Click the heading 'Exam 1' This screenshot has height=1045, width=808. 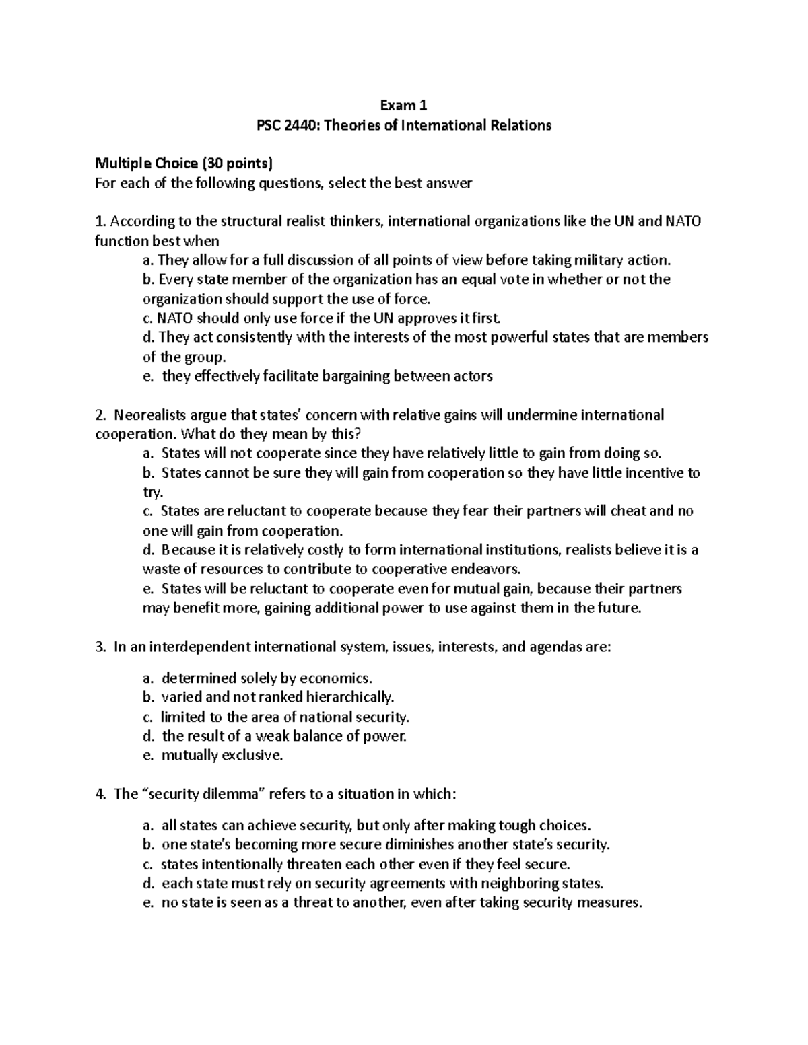(x=403, y=105)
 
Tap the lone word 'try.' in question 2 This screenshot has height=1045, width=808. (x=154, y=493)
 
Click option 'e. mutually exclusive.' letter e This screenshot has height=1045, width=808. (x=149, y=755)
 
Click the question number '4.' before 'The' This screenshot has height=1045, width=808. (x=102, y=794)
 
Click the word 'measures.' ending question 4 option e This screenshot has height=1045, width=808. (x=611, y=902)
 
